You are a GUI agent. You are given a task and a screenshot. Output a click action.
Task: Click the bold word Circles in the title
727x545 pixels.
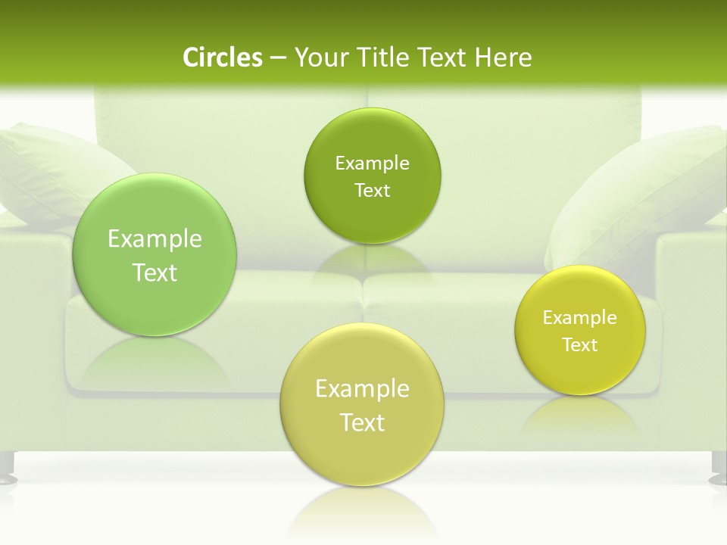[222, 58]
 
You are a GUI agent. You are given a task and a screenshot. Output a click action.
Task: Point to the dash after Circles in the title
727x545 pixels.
[277, 58]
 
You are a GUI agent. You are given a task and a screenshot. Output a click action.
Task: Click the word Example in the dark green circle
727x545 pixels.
[372, 163]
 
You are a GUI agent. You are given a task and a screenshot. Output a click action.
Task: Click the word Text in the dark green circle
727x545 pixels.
[372, 190]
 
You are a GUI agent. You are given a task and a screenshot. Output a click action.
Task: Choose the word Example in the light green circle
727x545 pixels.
[154, 239]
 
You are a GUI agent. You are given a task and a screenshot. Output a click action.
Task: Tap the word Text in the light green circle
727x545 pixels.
[154, 272]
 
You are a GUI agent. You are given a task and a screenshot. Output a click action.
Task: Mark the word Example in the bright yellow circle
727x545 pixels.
[580, 318]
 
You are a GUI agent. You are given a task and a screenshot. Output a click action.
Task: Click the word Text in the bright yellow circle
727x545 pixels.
[580, 345]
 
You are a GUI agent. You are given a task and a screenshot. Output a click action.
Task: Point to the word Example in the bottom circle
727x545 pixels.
[362, 389]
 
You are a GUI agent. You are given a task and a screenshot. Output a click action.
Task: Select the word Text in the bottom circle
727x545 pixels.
[362, 422]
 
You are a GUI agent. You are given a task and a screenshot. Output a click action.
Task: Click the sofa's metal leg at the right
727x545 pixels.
[717, 469]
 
